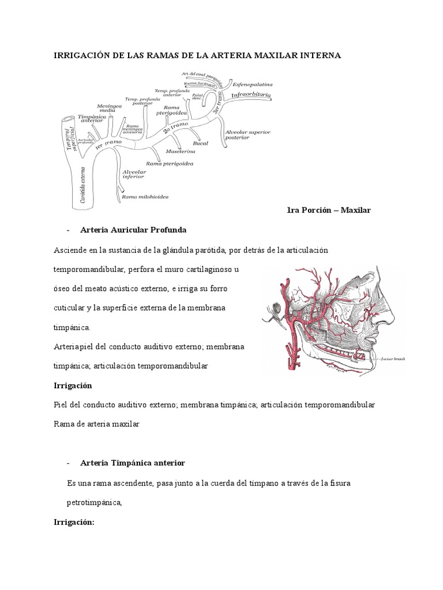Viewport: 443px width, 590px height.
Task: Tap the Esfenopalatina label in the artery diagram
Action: [x=253, y=84]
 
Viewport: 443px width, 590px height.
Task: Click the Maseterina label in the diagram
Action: [x=180, y=151]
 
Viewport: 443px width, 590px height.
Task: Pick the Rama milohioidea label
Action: [x=145, y=196]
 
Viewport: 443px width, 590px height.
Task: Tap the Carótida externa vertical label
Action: [x=78, y=183]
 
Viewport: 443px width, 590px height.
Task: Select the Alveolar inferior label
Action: [x=133, y=175]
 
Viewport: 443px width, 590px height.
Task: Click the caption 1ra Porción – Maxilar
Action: [x=328, y=211]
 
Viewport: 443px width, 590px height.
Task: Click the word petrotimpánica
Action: [x=95, y=502]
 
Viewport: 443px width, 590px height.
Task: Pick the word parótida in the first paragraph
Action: [x=211, y=251]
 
